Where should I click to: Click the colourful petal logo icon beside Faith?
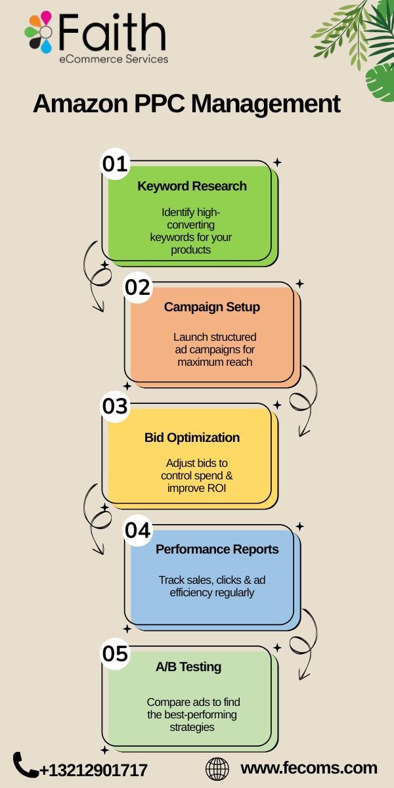coord(39,32)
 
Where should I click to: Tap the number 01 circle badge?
coord(115,164)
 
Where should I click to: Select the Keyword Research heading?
coord(192,186)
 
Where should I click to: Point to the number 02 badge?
coord(137,287)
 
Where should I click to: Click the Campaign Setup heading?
coord(212,307)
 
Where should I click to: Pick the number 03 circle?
coord(115,406)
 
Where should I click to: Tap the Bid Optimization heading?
coord(192,437)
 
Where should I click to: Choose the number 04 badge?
coord(137,530)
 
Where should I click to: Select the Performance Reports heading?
coord(217,549)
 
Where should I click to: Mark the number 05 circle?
coord(115,653)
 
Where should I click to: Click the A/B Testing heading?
coord(188,667)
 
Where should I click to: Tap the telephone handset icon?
coord(26,764)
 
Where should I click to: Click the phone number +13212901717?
coord(93,770)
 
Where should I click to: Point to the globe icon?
coord(217,769)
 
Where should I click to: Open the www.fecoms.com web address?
coord(309,768)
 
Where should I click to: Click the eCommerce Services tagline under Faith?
coord(114,58)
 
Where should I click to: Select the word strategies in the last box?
coord(192,727)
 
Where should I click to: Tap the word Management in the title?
coord(265,104)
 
